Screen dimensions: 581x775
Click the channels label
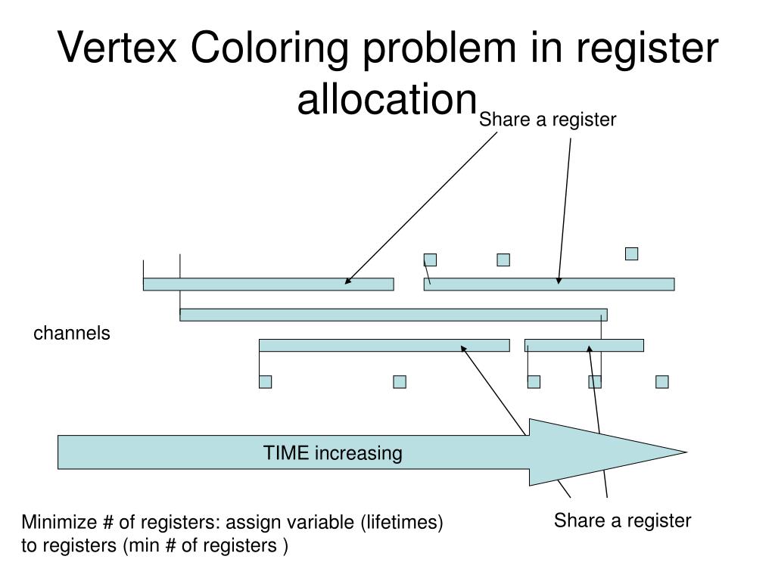[71, 334]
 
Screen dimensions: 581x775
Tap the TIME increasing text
[332, 453]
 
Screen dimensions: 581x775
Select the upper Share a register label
[548, 120]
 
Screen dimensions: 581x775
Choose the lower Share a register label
[622, 520]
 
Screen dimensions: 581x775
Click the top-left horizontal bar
[268, 284]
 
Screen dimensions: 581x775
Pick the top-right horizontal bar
[549, 284]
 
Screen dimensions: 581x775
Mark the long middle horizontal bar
[393, 315]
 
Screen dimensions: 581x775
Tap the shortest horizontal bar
[584, 346]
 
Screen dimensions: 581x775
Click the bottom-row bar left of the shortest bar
[384, 346]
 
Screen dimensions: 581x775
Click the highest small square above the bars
[631, 253]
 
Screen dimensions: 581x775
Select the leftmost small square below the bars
[265, 381]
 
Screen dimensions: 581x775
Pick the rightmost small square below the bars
[662, 381]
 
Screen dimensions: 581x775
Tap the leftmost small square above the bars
[430, 259]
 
